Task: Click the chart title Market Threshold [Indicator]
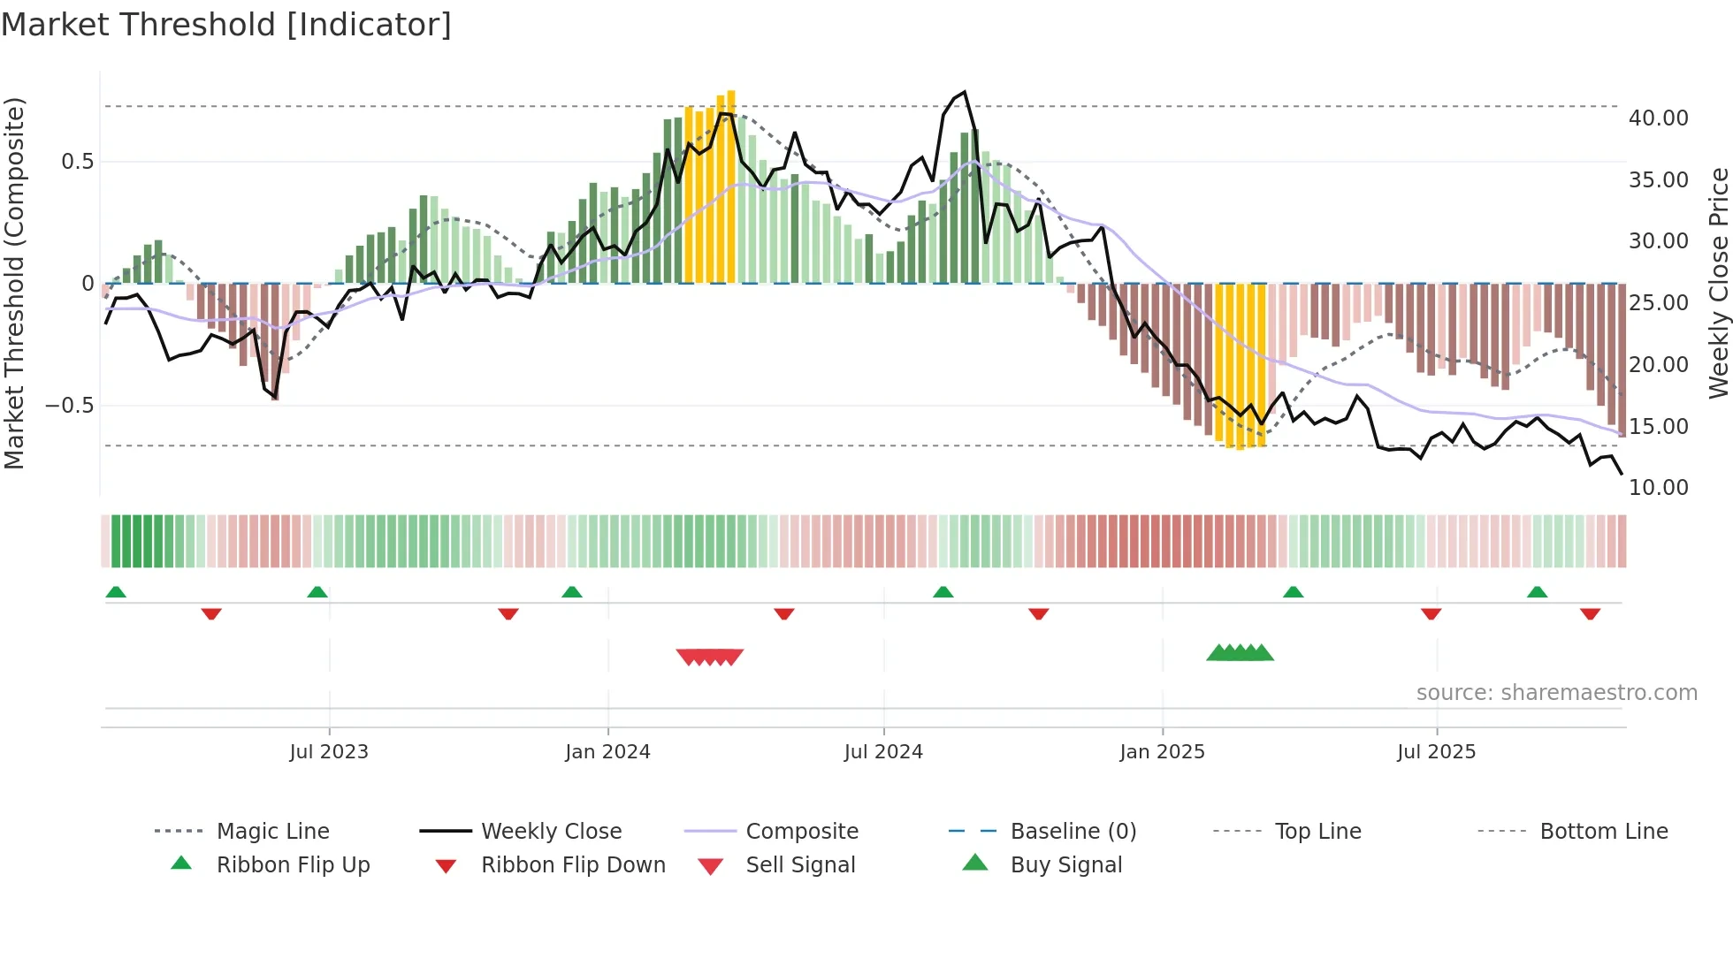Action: [x=226, y=25]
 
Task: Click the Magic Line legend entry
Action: [x=272, y=832]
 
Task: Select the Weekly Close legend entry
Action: [x=551, y=832]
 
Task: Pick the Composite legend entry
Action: [x=801, y=832]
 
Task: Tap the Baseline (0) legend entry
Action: [x=1073, y=832]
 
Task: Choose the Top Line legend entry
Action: [x=1317, y=832]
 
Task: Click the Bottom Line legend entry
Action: [x=1603, y=832]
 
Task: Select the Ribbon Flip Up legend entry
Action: [x=293, y=865]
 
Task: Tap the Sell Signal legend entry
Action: [x=800, y=865]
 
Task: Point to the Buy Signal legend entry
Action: [x=1065, y=865]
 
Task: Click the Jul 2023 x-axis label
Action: [x=329, y=752]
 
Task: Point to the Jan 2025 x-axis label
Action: [x=1162, y=752]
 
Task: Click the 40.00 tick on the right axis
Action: [x=1658, y=118]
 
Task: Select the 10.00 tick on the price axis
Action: [x=1658, y=488]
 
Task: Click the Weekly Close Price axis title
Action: [x=1718, y=283]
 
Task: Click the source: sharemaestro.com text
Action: [x=1556, y=693]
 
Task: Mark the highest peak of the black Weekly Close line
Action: [x=965, y=92]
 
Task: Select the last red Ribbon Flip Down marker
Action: [x=1590, y=613]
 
